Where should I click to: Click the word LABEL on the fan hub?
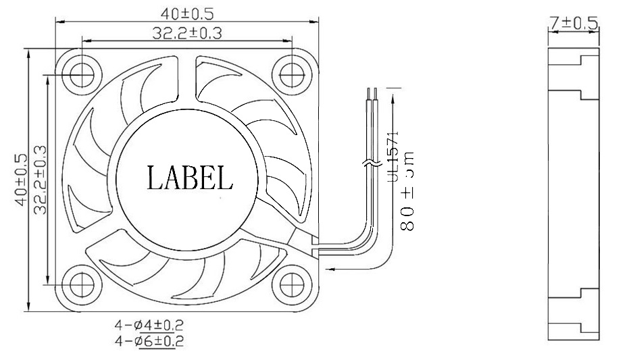click(x=190, y=178)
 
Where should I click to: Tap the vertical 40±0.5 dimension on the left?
click(x=20, y=180)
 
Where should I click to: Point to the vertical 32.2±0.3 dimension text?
click(x=39, y=180)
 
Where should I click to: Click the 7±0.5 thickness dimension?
click(x=574, y=24)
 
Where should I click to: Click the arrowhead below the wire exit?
click(x=331, y=268)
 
